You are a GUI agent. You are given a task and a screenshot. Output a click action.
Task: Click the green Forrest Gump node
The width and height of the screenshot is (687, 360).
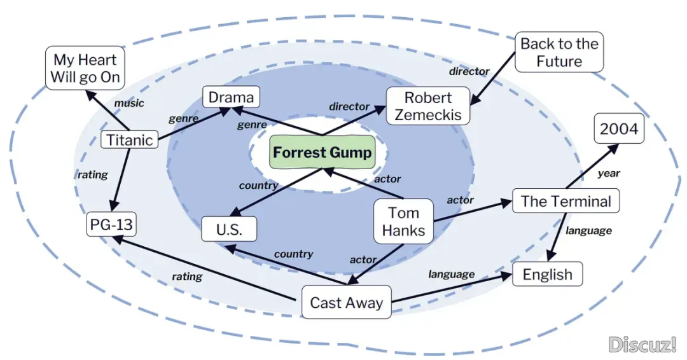[x=322, y=153]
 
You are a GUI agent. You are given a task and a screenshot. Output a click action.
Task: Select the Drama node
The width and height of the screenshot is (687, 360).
[x=231, y=97]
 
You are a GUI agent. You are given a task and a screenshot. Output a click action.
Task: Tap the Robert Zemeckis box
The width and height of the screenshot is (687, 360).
[x=428, y=106]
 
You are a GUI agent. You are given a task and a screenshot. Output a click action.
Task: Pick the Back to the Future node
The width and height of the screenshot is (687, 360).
[x=559, y=52]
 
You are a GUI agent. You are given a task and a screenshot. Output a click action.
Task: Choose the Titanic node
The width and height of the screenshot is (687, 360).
[x=130, y=140]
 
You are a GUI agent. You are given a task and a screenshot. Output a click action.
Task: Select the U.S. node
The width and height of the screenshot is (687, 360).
[x=229, y=230]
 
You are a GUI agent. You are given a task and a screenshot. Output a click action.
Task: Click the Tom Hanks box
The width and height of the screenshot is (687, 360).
[x=403, y=221]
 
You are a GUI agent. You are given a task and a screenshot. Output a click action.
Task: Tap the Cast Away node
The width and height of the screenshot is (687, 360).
[x=346, y=303]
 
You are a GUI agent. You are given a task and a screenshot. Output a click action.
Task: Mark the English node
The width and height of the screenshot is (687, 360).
[x=547, y=275]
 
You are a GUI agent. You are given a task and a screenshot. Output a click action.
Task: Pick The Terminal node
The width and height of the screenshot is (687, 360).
[x=566, y=202]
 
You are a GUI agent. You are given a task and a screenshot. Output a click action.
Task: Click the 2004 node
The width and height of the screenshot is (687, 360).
[x=618, y=129]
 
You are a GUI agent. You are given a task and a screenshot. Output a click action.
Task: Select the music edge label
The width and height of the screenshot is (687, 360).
[x=128, y=103]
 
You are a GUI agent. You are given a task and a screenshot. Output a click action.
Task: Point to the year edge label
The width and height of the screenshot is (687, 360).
[x=608, y=172]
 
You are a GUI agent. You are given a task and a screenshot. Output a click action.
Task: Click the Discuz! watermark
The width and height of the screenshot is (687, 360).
[x=642, y=344]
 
